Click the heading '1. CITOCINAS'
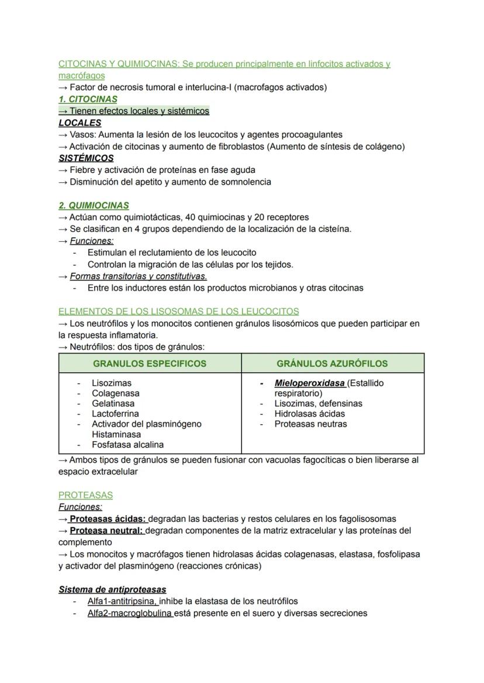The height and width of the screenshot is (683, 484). pos(88,99)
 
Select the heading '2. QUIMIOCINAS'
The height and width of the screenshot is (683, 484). pos(94,206)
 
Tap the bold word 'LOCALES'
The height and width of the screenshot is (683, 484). pos(80,123)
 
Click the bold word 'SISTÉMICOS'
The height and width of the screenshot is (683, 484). pos(86,158)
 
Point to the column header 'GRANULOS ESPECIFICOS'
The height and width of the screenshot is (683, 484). pos(150,363)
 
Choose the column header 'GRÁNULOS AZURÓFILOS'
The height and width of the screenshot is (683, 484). pos(332,363)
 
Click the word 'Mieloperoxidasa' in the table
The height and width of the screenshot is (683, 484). pos(309,383)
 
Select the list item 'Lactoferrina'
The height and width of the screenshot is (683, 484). pos(115,414)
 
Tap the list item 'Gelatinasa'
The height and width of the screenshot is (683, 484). pos(113,404)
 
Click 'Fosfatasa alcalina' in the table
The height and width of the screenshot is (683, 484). pos(127,445)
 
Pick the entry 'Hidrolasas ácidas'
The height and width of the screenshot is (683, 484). pos(310,414)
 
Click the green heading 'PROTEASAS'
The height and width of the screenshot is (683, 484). pos(85,495)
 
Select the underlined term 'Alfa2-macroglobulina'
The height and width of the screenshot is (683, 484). pos(130,613)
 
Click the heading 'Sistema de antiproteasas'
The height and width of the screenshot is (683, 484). pos(112,590)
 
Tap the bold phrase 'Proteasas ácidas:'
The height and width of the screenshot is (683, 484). pos(108,519)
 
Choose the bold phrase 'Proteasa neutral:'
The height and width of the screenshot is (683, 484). pos(106,531)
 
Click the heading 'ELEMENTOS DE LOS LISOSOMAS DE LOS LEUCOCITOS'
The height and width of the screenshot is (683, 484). pos(178,311)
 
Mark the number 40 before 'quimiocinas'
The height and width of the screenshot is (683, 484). pos(190,217)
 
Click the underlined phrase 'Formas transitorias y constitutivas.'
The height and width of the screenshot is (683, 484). pos(139,276)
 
